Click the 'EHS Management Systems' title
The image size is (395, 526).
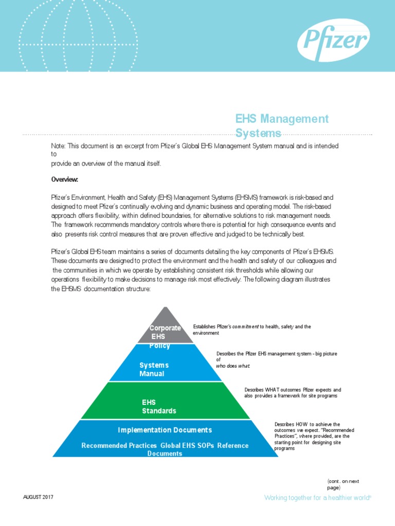click(282, 126)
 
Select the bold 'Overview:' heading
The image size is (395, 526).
click(64, 180)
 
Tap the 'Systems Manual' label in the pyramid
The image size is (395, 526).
click(154, 369)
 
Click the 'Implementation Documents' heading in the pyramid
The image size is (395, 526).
click(165, 430)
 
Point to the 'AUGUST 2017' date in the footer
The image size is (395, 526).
click(38, 498)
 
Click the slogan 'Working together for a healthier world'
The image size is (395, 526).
click(318, 498)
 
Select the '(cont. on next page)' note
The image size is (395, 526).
click(343, 484)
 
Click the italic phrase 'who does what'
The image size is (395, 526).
click(233, 366)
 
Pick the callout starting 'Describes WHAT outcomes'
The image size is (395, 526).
click(292, 393)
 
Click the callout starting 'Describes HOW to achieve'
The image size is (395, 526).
click(314, 436)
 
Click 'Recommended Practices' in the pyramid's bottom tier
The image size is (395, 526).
click(119, 445)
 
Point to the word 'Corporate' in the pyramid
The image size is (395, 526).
click(165, 328)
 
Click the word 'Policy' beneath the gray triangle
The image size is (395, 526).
click(159, 346)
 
